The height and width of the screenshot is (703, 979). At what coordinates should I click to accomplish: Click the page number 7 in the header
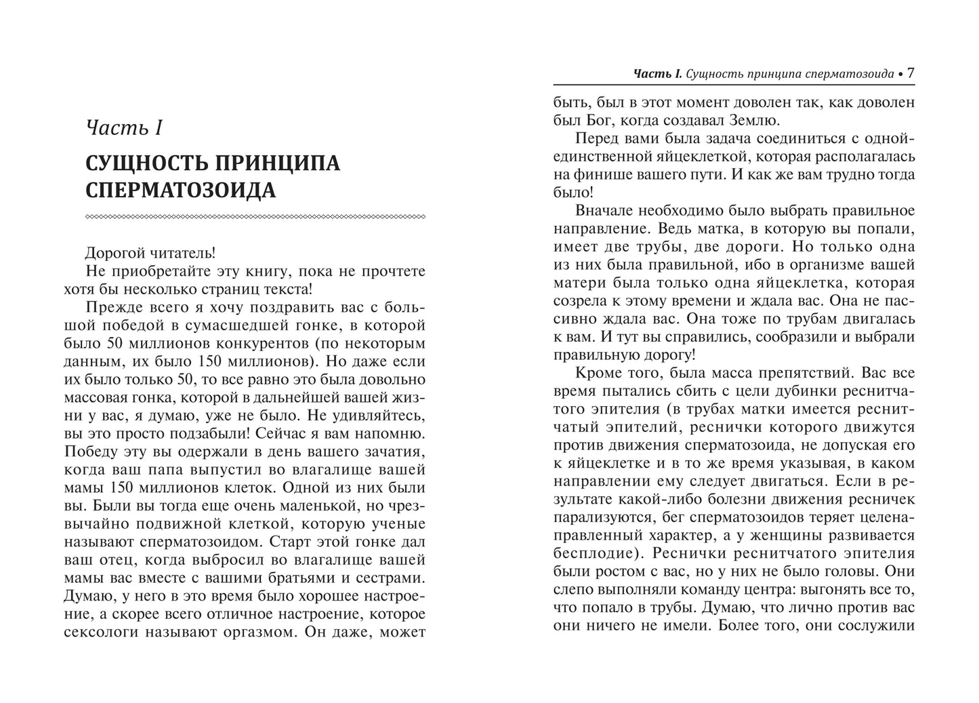(911, 73)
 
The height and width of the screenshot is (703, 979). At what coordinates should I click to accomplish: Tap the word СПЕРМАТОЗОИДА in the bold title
(181, 190)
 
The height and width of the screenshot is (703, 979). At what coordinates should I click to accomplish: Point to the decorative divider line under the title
(255, 217)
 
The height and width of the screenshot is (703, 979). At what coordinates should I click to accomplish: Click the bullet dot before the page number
(900, 75)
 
